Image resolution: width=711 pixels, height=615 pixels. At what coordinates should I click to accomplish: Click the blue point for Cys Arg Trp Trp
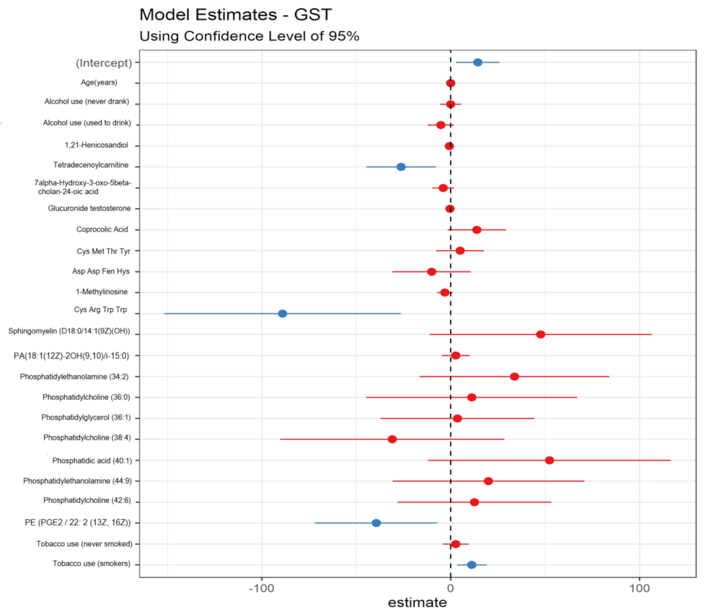(282, 313)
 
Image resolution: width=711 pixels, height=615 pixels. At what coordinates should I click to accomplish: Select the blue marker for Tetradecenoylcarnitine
(401, 167)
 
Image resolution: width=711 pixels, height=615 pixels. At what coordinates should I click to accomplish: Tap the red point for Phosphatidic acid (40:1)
(549, 460)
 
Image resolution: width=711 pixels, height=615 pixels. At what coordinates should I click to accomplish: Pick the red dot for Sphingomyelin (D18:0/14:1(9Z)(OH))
(540, 334)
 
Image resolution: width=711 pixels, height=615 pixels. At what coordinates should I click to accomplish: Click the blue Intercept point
(478, 62)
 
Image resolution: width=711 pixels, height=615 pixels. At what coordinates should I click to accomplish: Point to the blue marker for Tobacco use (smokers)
(471, 565)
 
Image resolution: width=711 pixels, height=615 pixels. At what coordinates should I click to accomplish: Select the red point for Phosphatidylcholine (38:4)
(392, 439)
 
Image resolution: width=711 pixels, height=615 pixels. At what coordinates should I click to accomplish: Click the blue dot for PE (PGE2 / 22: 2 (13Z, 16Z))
(376, 523)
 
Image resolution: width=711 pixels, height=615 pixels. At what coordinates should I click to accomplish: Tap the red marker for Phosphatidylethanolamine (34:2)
(515, 376)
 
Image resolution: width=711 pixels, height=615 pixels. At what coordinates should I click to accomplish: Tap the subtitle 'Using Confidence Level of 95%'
(249, 37)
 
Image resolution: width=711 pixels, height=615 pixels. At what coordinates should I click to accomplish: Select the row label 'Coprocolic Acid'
(102, 229)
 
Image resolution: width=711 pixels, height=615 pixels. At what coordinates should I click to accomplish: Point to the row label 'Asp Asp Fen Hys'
(101, 271)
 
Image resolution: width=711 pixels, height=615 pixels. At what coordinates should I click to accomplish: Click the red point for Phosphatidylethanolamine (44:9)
(488, 481)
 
